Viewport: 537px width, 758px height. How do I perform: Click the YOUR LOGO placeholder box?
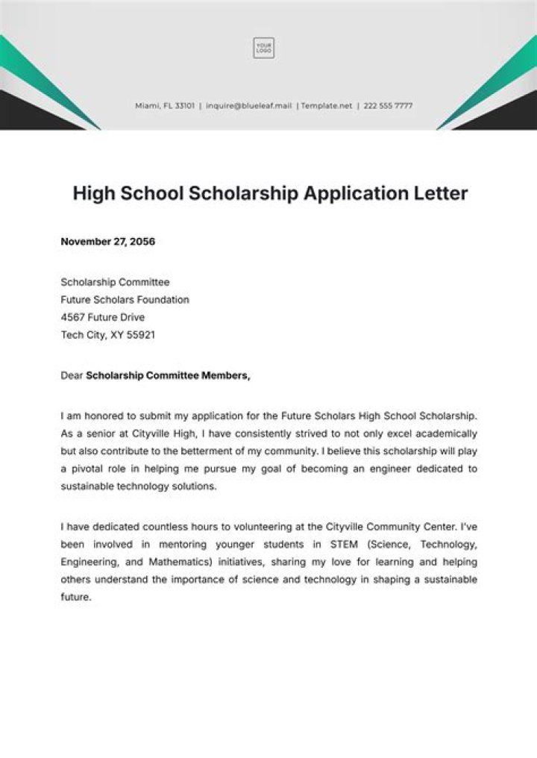pos(263,48)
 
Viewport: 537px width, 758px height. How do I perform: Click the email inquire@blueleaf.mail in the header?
pos(248,106)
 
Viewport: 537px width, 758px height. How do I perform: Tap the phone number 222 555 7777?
pos(388,106)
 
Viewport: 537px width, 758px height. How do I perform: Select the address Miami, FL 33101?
pos(165,106)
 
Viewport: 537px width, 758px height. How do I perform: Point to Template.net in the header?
pos(328,106)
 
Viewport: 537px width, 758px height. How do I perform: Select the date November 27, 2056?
pos(107,242)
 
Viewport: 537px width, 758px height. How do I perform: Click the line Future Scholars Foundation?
pos(125,300)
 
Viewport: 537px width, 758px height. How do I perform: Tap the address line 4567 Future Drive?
pos(102,318)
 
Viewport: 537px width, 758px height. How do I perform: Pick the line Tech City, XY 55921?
pos(107,336)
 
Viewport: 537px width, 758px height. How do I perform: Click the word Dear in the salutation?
pos(72,376)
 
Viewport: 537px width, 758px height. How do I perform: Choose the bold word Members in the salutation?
pos(225,376)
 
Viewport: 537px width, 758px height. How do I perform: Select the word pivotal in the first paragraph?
pos(89,469)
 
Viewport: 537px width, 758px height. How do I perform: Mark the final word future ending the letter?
pos(75,598)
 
